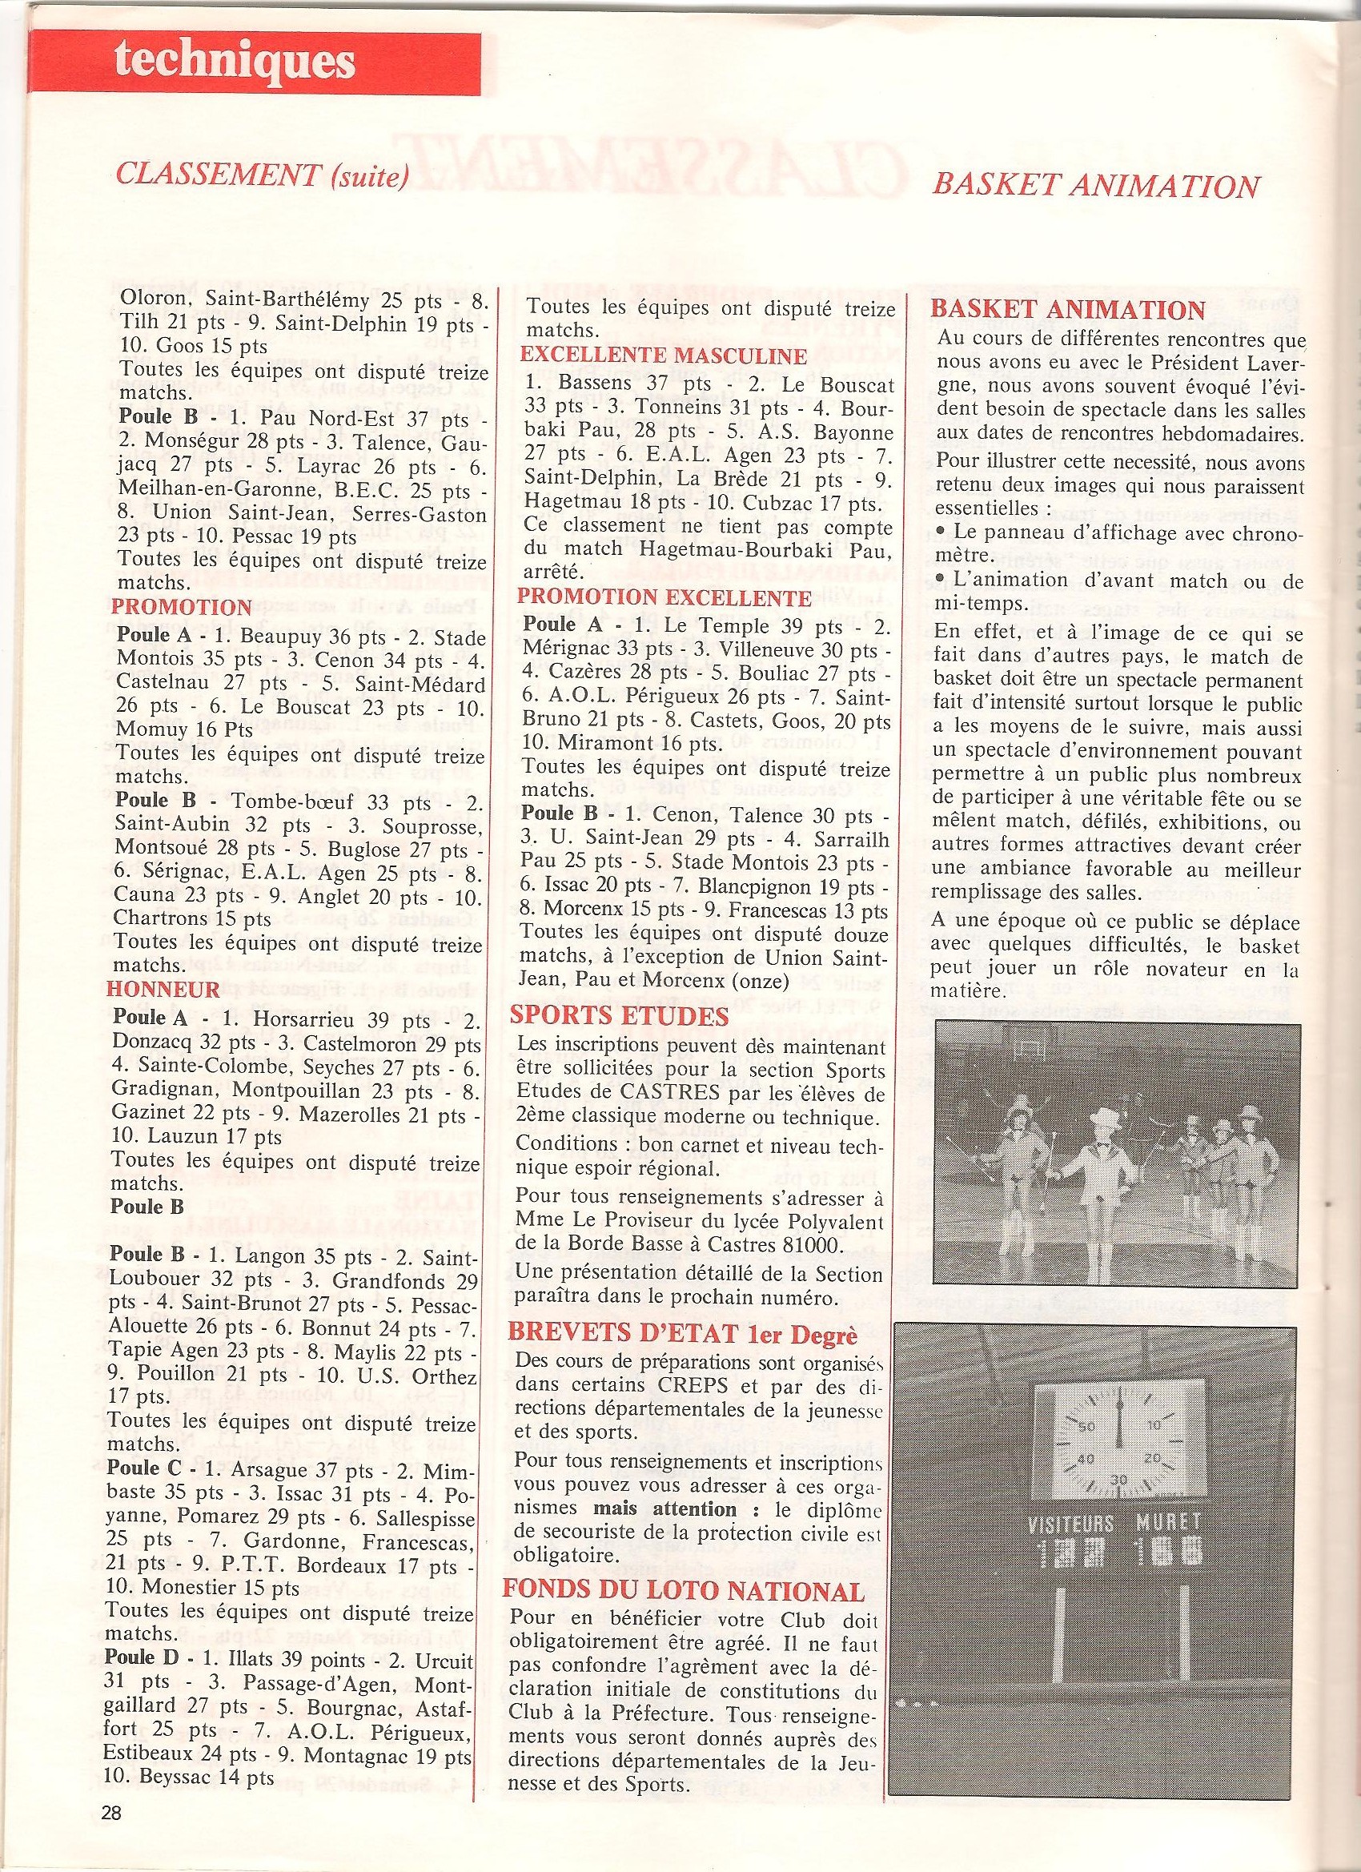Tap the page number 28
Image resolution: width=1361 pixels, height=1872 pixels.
coord(111,1830)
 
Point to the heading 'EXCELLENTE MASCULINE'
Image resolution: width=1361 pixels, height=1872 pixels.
coord(663,357)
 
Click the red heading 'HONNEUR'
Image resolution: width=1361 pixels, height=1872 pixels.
coord(164,989)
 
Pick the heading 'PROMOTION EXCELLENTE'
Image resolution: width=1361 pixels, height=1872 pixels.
coord(664,597)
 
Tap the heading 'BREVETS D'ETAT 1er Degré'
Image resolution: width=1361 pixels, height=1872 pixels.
coord(670,1334)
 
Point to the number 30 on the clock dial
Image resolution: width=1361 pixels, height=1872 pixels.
coord(1118,1479)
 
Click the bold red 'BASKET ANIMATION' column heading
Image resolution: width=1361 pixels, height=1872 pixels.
coord(1068,310)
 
